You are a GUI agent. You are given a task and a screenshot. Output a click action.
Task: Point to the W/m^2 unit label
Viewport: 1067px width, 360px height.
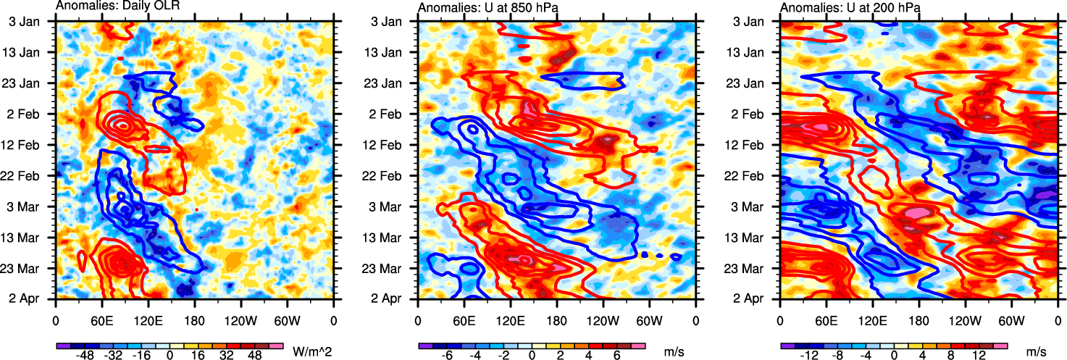point(312,351)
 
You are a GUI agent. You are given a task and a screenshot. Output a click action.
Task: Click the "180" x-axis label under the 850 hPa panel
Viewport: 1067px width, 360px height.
point(556,319)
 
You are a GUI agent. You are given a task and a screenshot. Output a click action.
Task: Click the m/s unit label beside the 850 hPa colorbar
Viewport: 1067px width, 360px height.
point(674,351)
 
